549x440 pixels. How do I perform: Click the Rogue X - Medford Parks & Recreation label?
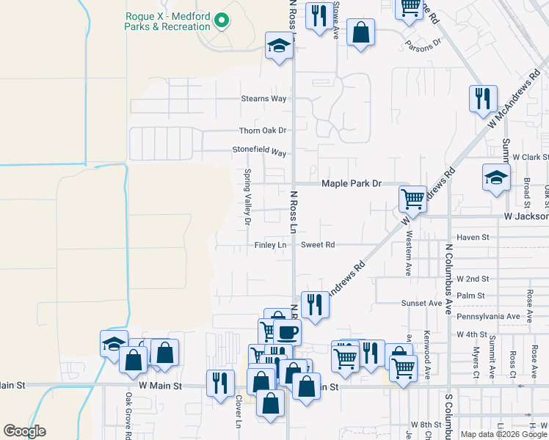coord(168,21)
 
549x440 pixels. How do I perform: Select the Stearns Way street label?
coord(263,98)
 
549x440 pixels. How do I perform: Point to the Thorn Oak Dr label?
coord(262,131)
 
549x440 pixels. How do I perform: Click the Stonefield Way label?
coord(259,153)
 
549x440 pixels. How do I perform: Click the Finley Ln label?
coord(270,245)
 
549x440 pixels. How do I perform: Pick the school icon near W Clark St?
coord(496,177)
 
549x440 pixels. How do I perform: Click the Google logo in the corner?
coord(24,431)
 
